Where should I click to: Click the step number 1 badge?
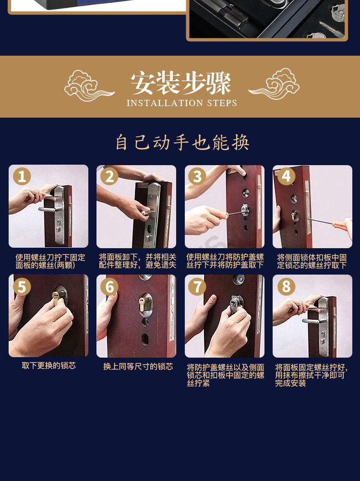point(22,176)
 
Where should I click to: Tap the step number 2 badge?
point(109,176)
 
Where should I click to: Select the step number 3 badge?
point(197,176)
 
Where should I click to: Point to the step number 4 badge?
point(286,176)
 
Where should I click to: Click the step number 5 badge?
point(22,287)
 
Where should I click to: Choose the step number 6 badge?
point(109,287)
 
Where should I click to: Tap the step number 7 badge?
point(197,287)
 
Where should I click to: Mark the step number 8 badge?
point(286,287)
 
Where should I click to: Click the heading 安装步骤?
point(181,83)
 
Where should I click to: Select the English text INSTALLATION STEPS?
point(182,103)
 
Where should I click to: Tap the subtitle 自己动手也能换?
point(182,143)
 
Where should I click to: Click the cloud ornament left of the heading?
point(89,86)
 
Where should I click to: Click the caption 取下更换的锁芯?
point(49,366)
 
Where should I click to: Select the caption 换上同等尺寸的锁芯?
point(138,367)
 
